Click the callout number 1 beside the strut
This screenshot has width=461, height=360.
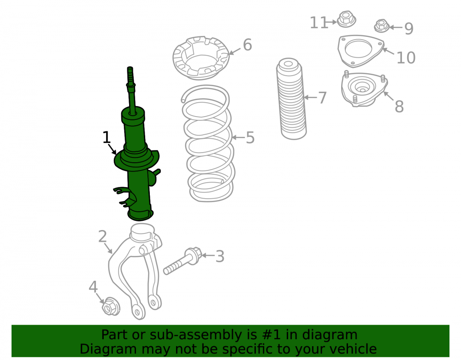[106, 137]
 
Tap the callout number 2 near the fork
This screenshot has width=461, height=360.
[102, 236]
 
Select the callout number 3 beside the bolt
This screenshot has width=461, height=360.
[220, 256]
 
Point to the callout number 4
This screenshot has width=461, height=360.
[93, 287]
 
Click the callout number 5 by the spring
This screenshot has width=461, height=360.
[250, 137]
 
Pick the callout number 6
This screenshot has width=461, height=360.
[248, 45]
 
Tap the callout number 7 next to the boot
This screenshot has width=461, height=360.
[323, 98]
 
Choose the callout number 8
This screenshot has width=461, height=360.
[399, 106]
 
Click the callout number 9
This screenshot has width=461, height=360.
[408, 28]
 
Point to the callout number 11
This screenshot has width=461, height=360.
[319, 22]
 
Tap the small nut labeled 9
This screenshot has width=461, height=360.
[382, 26]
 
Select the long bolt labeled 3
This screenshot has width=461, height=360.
[183, 261]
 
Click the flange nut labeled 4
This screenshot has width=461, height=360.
[111, 306]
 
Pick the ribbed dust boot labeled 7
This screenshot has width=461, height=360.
[291, 99]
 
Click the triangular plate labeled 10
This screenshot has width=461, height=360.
[361, 51]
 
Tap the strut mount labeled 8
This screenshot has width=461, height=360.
[364, 89]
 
